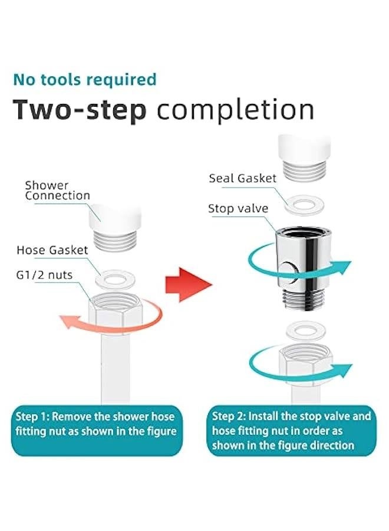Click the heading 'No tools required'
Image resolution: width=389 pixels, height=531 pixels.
[x=85, y=79]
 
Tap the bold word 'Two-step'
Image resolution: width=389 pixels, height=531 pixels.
[x=80, y=110]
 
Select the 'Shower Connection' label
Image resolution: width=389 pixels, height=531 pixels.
[x=57, y=191]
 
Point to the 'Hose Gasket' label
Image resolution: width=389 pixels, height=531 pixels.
[x=52, y=250]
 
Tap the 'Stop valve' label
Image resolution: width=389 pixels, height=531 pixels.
[x=238, y=208]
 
